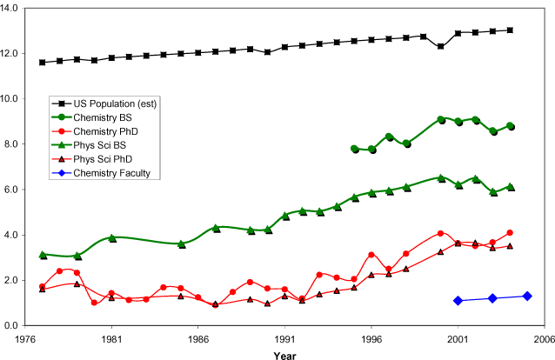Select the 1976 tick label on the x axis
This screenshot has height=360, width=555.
pyautogui.click(x=24, y=340)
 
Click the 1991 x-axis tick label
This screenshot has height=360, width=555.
pyautogui.click(x=284, y=340)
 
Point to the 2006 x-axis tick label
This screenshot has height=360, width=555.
pyautogui.click(x=545, y=340)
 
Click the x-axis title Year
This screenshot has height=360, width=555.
pyautogui.click(x=284, y=354)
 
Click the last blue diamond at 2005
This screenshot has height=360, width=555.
pyautogui.click(x=527, y=296)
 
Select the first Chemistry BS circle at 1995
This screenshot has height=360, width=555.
pyautogui.click(x=354, y=149)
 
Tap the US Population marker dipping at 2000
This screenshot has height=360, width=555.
pyautogui.click(x=441, y=46)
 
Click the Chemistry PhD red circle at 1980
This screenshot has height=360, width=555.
pyautogui.click(x=94, y=303)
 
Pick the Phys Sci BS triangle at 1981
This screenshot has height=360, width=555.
pyautogui.click(x=111, y=237)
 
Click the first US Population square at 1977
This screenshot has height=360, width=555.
pyautogui.click(x=42, y=63)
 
